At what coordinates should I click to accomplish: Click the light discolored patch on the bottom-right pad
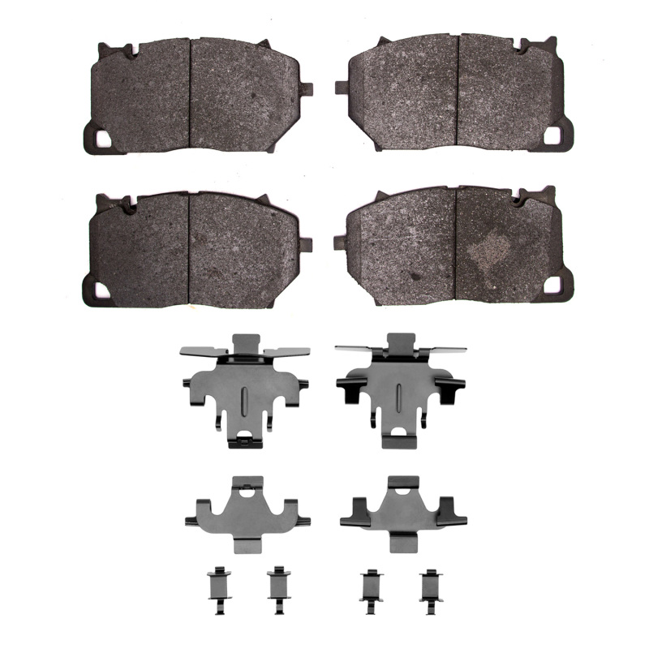tap(490, 247)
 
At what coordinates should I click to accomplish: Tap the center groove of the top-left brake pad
tap(190, 93)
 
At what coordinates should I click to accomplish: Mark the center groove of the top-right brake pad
tap(458, 91)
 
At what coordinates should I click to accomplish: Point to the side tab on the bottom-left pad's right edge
tap(307, 243)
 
